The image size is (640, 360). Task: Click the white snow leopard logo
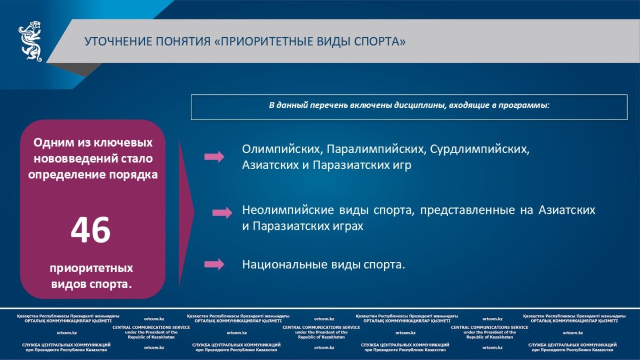point(30,41)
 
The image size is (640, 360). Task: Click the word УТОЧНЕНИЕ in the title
point(118,42)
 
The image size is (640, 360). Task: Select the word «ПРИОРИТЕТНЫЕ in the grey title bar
point(263,42)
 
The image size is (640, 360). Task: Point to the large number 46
point(91,230)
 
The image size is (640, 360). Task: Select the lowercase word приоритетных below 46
point(91,269)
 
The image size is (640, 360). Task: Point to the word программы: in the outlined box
point(524,106)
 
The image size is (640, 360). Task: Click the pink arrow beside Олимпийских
point(214,157)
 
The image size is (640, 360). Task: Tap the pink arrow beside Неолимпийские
point(222,213)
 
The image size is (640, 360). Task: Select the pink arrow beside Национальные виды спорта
point(214,265)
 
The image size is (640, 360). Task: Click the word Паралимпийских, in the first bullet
point(377,149)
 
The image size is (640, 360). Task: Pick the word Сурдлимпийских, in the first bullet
point(479,149)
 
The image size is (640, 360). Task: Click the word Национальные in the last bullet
point(285,265)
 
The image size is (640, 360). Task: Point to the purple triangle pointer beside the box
point(186,213)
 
